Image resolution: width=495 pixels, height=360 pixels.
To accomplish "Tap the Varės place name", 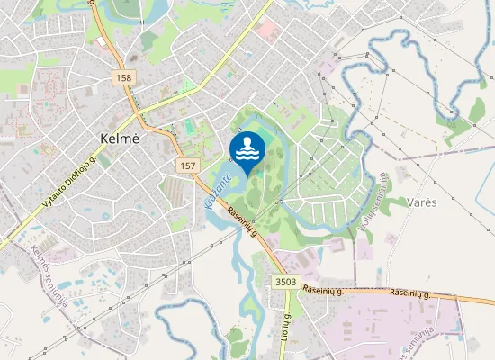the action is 421,202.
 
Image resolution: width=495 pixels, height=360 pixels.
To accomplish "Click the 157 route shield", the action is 187,166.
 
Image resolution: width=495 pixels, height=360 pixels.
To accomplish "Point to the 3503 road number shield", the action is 285,282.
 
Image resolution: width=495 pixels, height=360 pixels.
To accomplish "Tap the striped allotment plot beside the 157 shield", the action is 172,190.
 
